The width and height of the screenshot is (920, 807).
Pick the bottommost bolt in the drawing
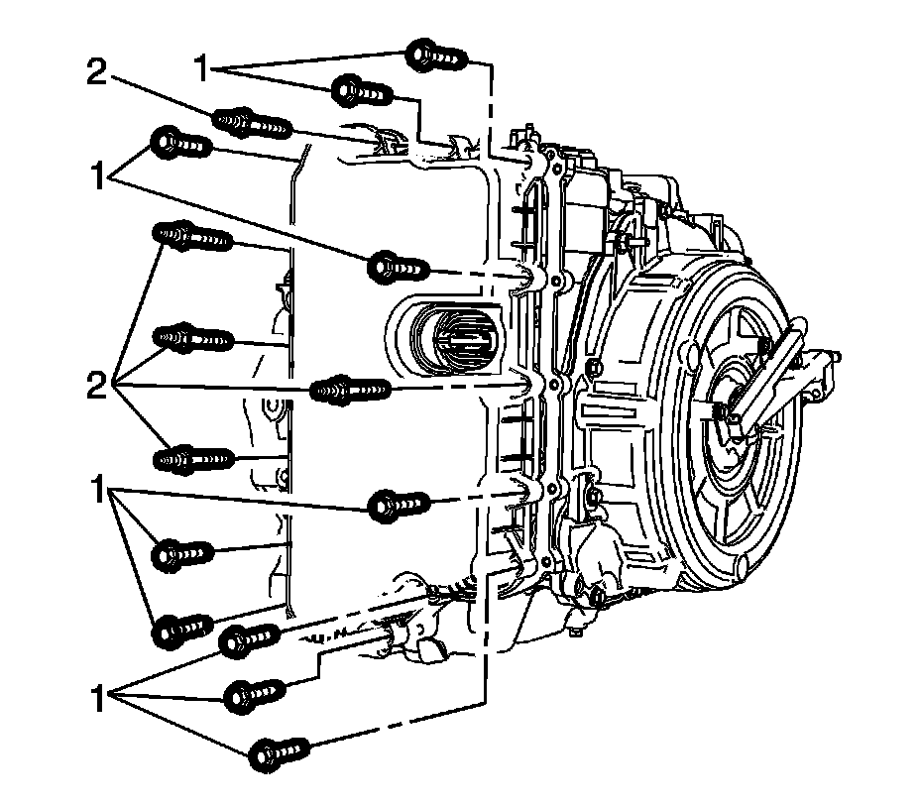(276, 752)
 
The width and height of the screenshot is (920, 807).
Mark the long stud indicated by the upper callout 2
(252, 123)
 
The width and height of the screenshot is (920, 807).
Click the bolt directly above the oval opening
(398, 267)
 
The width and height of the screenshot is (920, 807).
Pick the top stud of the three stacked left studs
(192, 238)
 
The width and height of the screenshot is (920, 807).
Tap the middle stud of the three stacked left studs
(192, 339)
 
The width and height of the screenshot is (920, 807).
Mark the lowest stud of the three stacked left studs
(192, 459)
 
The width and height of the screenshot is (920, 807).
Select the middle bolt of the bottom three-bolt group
(256, 693)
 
